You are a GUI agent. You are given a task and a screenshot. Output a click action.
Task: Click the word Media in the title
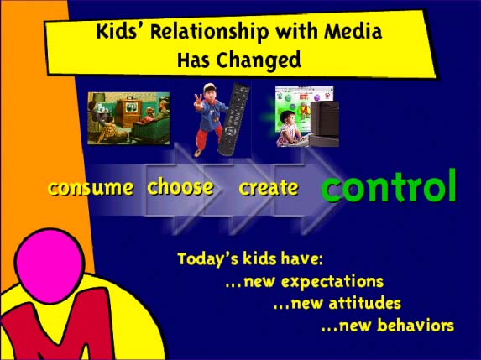pos(353,31)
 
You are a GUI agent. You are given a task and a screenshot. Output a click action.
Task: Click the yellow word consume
pos(91,188)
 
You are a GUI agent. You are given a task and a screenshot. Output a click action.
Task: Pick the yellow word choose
pos(180,186)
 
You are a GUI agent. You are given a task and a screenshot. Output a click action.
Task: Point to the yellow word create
pos(269,187)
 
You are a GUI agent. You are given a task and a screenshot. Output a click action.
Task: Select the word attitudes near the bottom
pos(365,303)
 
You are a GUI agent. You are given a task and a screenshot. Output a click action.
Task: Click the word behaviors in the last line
pos(416,325)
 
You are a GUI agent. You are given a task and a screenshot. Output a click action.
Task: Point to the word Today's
pos(208,259)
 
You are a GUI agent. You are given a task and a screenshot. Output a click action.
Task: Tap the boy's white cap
pos(209,87)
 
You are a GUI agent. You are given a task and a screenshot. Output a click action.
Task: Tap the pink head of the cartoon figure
pos(49,265)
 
